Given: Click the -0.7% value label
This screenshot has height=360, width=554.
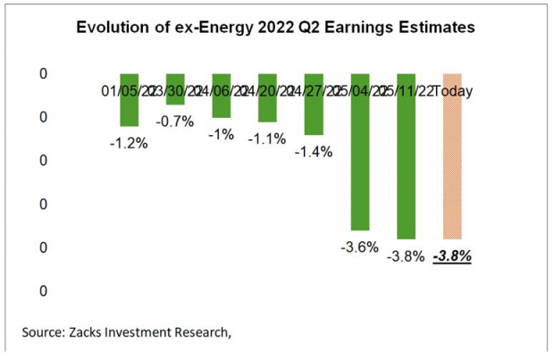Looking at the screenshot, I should click(x=175, y=121).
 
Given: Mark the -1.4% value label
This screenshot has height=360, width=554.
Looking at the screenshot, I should click(x=314, y=152).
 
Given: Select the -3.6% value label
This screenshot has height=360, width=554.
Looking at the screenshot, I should click(x=360, y=247).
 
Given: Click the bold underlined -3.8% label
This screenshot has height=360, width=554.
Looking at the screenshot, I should click(x=452, y=255).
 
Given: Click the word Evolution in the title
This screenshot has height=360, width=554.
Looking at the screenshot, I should click(x=109, y=27).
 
